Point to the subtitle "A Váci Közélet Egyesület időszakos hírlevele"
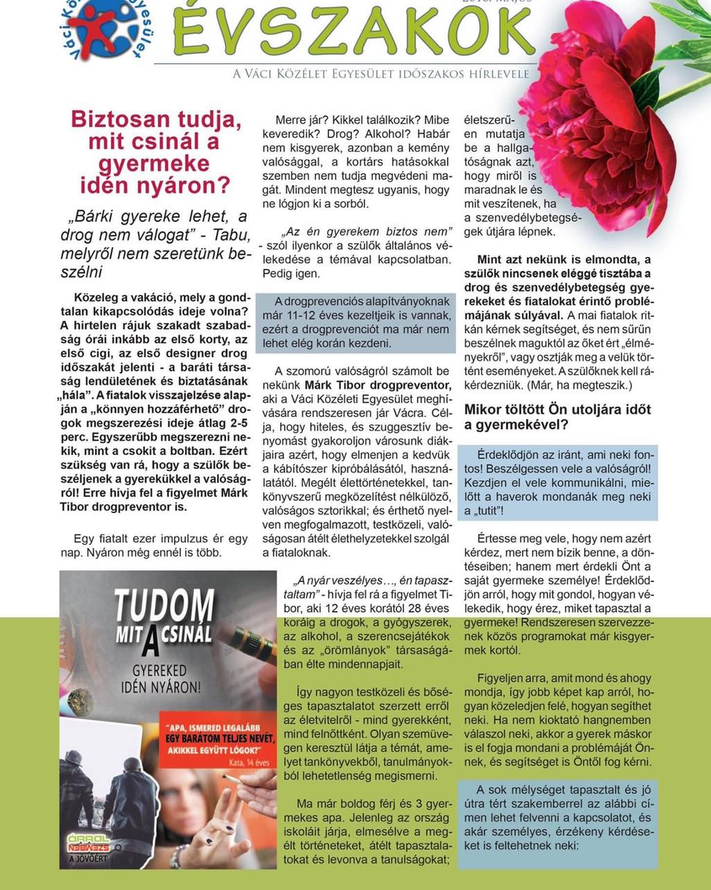tap(381, 74)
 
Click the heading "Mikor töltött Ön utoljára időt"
tap(558, 417)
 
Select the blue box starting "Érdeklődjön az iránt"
tap(558, 483)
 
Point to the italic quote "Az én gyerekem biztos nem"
tap(367, 230)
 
